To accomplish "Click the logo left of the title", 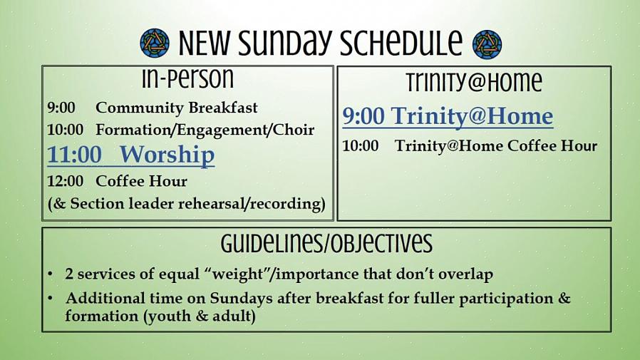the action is pos(155,43).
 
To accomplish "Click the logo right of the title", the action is pos(487,44).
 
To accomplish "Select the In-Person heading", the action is pos(187,78).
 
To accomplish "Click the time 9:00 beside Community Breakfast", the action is pos(61,108).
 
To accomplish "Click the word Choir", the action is pos(294,130).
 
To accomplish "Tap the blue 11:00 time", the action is pos(74,155).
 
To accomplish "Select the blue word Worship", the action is pos(167,155).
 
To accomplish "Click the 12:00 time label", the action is pos(66,181).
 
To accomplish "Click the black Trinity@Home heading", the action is pos(474,82).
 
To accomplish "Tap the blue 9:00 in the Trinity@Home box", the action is pos(363,116).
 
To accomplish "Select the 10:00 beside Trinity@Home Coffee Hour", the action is pos(361,146).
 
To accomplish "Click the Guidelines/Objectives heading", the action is pos(326,244).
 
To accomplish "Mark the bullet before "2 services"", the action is pos(50,274).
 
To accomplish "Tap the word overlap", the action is pos(465,274).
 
